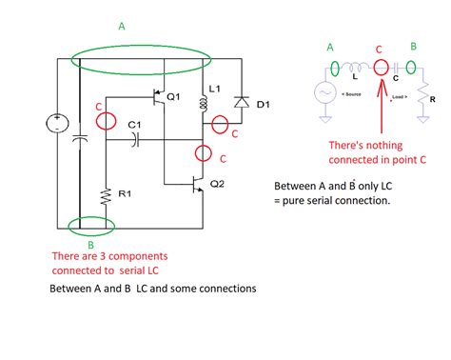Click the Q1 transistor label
[x=173, y=97]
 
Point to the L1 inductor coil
[x=202, y=106]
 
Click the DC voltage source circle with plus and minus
[x=56, y=123]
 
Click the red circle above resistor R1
[x=106, y=121]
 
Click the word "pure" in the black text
[x=288, y=201]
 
